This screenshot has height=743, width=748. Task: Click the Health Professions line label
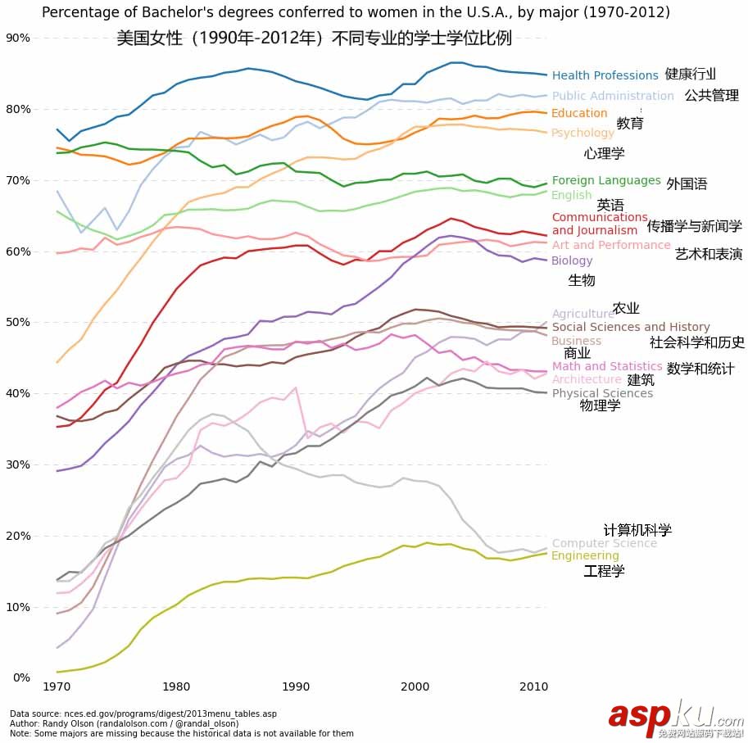(605, 75)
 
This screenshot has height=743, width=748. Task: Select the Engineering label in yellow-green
(585, 556)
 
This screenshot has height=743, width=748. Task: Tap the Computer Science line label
(604, 543)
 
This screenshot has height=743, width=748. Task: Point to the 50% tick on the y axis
(18, 323)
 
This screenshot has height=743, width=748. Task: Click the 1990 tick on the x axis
(295, 685)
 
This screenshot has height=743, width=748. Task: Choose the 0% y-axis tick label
(21, 677)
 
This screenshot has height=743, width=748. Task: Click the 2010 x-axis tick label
(534, 685)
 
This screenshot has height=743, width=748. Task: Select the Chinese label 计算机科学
(637, 531)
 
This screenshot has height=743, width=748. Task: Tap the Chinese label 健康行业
(690, 74)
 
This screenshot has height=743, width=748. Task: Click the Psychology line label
(583, 133)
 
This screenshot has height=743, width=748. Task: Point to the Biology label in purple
(572, 261)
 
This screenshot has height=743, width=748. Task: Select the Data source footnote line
(143, 714)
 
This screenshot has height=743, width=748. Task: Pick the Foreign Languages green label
(605, 180)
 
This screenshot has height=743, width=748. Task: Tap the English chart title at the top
(356, 12)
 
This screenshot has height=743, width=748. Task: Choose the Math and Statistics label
(607, 366)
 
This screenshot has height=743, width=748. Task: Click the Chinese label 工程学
(604, 571)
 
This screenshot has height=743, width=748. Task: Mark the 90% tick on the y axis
(18, 38)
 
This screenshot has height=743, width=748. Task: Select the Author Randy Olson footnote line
(124, 724)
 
